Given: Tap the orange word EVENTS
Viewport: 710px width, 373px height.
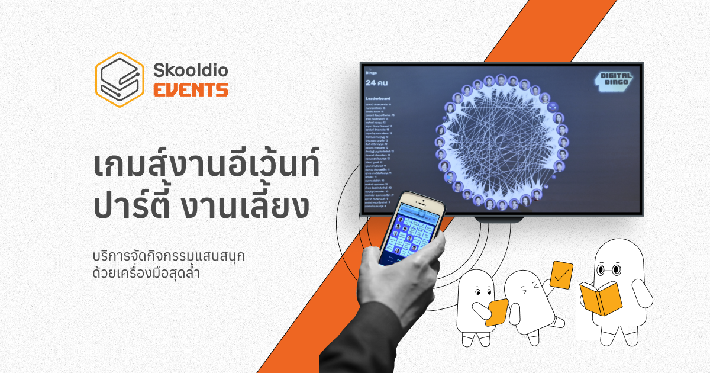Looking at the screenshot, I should (x=191, y=91).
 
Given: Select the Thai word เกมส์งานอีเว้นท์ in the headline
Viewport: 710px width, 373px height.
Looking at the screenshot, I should (x=206, y=166).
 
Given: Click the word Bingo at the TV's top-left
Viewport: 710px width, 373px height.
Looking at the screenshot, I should (x=372, y=73).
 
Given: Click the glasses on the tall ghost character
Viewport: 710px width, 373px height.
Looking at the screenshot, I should (x=609, y=270).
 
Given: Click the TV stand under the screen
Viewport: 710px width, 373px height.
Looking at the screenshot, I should (x=499, y=219).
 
